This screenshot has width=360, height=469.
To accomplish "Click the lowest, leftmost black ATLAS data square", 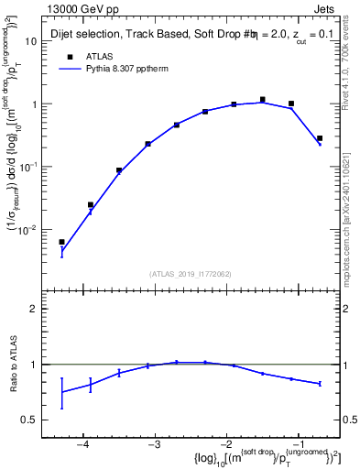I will [x=61, y=242].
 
